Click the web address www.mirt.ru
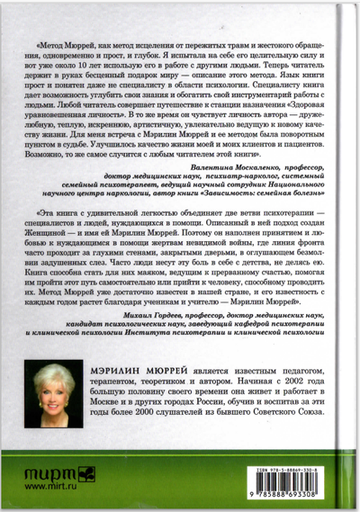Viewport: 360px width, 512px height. [x=51, y=487]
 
